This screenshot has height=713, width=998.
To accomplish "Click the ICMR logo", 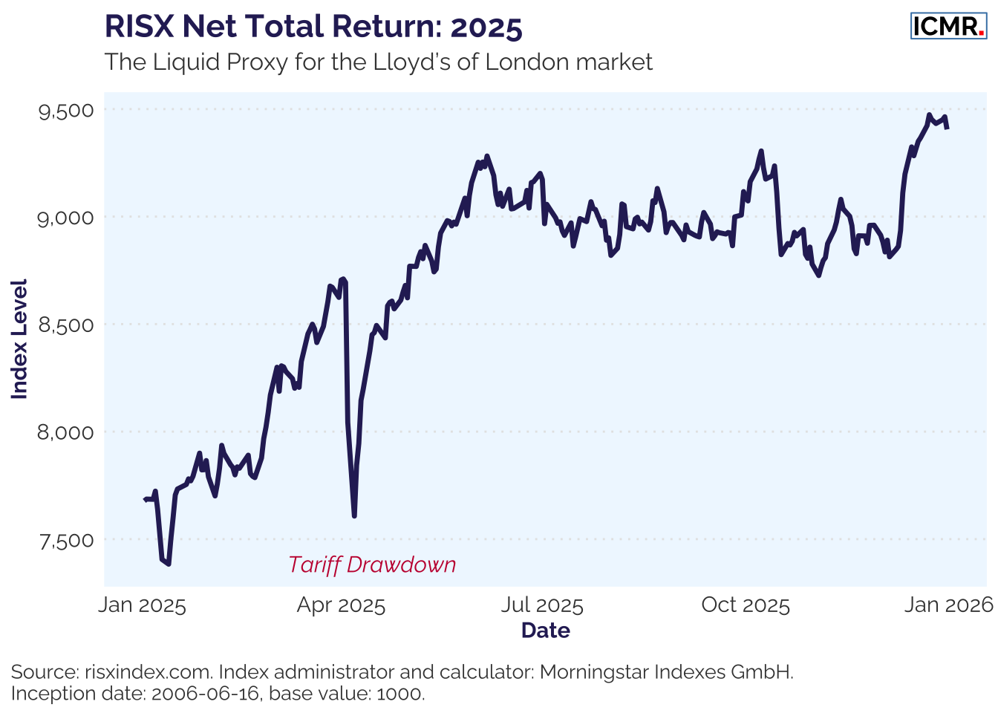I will tap(948, 26).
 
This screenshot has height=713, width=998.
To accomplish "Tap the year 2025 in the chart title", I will tap(486, 27).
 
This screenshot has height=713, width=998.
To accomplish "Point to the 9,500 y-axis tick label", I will tap(67, 111).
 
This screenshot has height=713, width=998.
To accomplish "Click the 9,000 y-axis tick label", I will tap(67, 218).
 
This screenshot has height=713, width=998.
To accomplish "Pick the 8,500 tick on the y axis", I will tap(67, 325).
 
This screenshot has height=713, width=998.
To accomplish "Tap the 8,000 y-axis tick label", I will tap(67, 432).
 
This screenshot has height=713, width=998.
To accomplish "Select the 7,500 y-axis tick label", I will tap(67, 540).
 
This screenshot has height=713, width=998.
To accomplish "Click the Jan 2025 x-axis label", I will tap(142, 605).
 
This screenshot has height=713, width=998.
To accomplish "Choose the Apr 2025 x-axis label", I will tap(341, 605).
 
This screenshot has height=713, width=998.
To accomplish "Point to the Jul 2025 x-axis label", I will tap(542, 605).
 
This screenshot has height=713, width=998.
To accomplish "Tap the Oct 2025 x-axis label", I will tap(746, 605).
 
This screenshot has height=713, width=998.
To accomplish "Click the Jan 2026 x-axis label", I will tap(948, 605).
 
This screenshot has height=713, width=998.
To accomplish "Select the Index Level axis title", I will tap(20, 339).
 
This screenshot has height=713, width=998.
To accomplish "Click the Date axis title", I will tap(546, 631).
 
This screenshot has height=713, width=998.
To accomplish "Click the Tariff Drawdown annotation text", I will tap(372, 565).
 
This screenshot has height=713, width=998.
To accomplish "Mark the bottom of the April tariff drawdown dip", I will tap(354, 515).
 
